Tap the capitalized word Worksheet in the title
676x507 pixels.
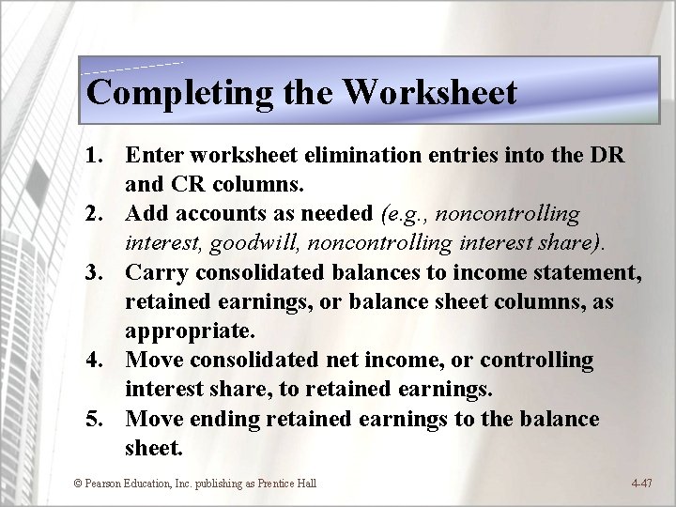(x=430, y=92)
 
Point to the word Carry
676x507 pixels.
(x=155, y=272)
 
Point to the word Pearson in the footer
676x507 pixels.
(x=103, y=484)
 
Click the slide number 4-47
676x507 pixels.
(x=642, y=484)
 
